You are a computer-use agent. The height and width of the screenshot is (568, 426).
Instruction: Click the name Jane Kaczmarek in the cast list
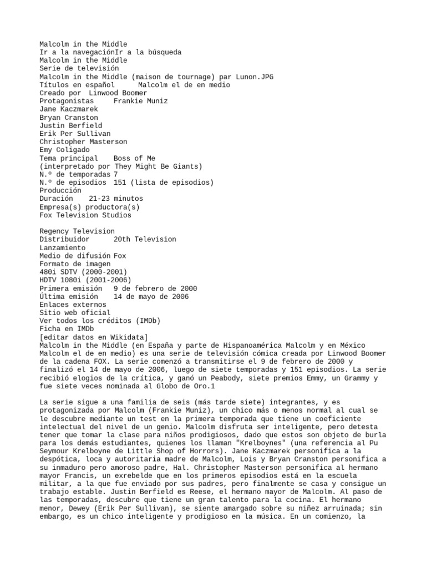(x=68, y=109)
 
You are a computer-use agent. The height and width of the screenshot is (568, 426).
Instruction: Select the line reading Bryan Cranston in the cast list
(x=68, y=118)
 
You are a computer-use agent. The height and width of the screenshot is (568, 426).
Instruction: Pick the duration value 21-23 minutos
(x=115, y=198)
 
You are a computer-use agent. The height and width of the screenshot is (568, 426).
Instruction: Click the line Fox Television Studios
(x=85, y=215)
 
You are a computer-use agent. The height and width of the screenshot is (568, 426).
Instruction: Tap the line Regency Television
(x=77, y=231)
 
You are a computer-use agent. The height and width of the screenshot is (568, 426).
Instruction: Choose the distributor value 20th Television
(x=145, y=239)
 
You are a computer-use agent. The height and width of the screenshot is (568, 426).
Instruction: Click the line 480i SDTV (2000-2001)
(x=83, y=272)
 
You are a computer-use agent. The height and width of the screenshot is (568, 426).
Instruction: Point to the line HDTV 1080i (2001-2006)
(x=85, y=280)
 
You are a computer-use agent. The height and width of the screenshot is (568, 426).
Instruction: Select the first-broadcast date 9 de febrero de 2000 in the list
(x=155, y=288)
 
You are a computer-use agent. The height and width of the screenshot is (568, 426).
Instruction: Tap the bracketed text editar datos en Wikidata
(x=94, y=337)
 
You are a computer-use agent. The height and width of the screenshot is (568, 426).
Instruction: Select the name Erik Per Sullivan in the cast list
(x=75, y=134)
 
